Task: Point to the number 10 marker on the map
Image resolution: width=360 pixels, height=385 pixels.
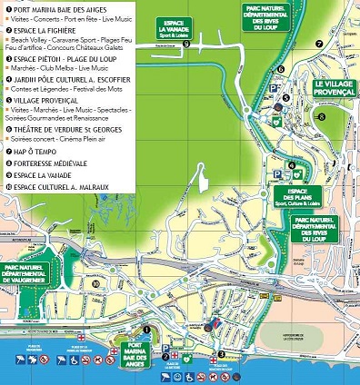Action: (95, 282)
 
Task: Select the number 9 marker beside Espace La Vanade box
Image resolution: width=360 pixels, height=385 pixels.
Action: (186, 43)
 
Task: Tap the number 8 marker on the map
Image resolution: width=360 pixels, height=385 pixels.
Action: (321, 116)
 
